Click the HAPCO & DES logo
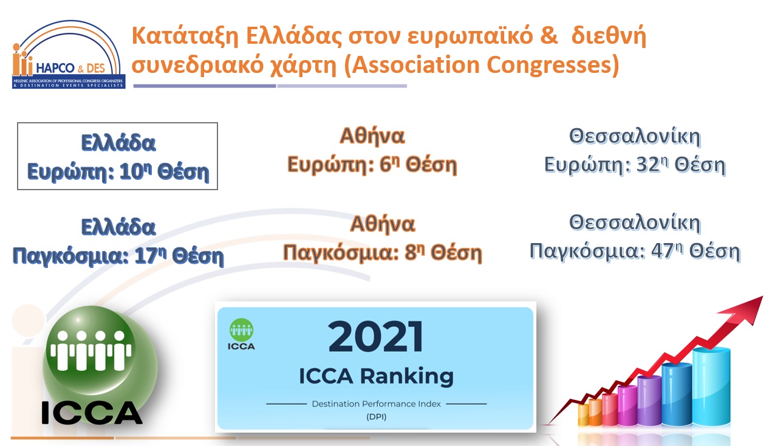(x=68, y=54)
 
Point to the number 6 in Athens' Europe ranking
(x=385, y=165)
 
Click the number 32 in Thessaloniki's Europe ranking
(x=648, y=165)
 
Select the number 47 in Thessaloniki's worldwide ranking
(x=662, y=251)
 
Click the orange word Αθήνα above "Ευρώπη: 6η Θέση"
(x=372, y=136)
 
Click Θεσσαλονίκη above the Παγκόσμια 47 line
(x=635, y=222)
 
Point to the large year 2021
(x=376, y=337)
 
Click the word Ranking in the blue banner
(x=407, y=377)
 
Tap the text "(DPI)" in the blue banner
(x=376, y=417)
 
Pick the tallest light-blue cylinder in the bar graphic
(x=711, y=387)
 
